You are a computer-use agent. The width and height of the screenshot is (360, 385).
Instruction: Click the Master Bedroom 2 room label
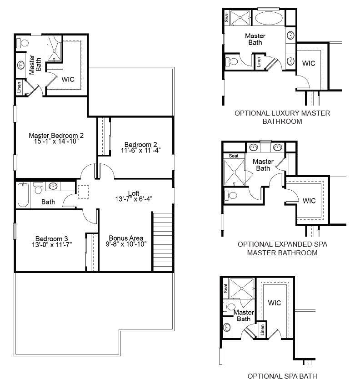(56, 136)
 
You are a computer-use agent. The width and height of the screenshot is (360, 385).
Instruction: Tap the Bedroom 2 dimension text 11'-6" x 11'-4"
(141, 150)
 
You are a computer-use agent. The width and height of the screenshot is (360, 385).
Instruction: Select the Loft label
(134, 193)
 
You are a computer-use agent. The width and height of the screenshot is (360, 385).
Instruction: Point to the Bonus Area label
(126, 238)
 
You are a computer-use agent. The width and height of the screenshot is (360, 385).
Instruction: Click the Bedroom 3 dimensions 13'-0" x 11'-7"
(52, 244)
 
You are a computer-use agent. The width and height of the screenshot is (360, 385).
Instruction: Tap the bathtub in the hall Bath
(23, 195)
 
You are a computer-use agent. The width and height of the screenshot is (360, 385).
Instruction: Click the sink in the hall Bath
(53, 186)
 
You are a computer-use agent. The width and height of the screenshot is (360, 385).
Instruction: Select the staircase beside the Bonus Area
(162, 241)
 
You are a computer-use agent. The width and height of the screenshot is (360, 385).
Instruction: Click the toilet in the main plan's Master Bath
(23, 43)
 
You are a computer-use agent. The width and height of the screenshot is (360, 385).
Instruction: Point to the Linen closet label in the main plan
(19, 87)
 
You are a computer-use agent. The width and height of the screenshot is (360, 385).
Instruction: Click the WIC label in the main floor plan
(68, 79)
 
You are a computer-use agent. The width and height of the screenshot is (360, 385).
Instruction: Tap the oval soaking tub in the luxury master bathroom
(269, 18)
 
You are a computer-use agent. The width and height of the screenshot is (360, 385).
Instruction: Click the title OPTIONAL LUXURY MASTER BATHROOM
(282, 117)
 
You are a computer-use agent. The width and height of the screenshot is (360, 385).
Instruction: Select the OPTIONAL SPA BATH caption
(282, 376)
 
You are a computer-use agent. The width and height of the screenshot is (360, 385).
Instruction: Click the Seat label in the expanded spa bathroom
(234, 156)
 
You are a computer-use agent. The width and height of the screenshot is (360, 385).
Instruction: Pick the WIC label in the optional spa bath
(275, 303)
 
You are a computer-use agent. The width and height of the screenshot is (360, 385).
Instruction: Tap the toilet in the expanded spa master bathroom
(231, 195)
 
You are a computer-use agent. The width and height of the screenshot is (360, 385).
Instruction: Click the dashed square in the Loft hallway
(83, 192)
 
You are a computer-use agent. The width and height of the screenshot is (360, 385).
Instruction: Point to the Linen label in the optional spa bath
(262, 330)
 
